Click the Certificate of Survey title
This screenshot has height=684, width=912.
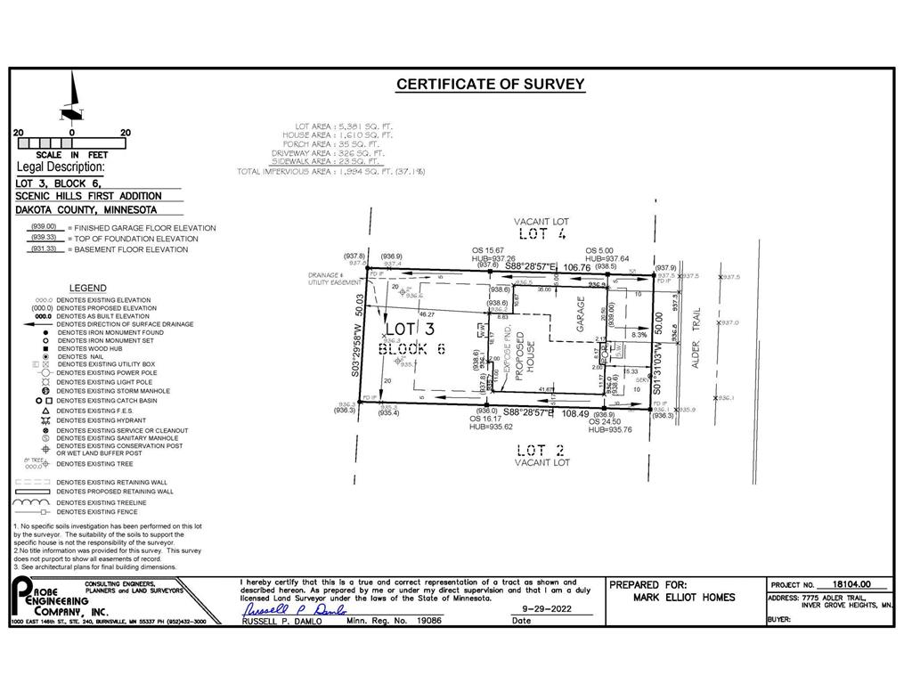coord(490,85)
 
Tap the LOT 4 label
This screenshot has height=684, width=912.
coord(541,234)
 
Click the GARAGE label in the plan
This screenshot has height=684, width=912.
coord(581,314)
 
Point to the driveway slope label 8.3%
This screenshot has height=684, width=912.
coord(639,335)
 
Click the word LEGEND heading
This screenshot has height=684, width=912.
coord(87,289)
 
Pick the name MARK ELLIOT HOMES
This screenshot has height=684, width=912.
coord(684,598)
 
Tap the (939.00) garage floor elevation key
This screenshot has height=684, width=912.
coord(44,227)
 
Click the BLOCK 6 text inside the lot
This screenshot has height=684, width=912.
coord(411,348)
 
